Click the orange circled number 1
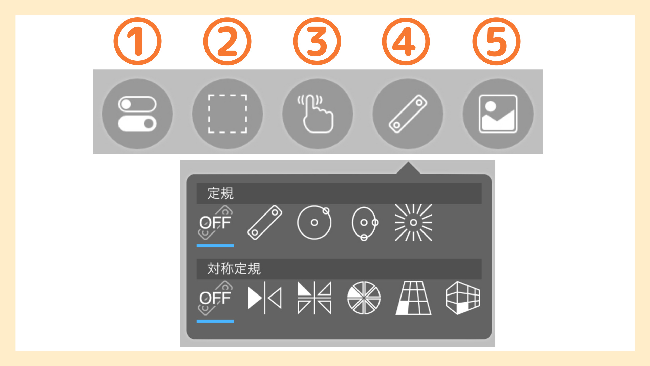pos(137,41)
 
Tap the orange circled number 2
pos(227,41)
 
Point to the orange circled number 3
pos(317,41)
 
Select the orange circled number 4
pos(406,41)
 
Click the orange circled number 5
pos(496,41)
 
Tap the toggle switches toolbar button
pos(137,114)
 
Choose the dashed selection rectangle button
pos(227,114)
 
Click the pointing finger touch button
pos(318,114)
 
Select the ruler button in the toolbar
pos(408,114)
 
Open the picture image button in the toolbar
pos(498,114)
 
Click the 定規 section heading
pos(220,194)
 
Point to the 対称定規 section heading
pos(234,269)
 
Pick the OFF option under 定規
pos(215,223)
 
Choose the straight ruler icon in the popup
pos(265,223)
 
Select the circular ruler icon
pos(314,223)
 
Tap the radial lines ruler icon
pos(413,223)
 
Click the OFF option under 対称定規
pos(215,298)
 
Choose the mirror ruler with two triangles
pos(265,298)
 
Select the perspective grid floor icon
pos(413,298)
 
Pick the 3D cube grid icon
pos(463,298)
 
